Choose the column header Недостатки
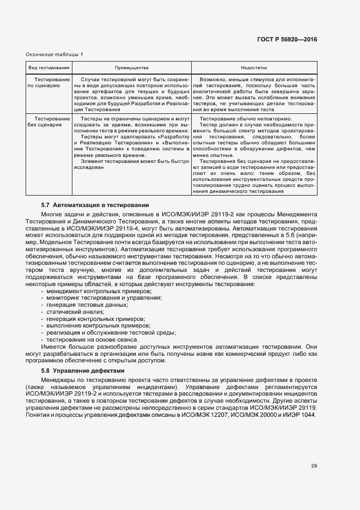[254, 68]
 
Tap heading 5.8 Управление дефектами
[83, 371]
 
